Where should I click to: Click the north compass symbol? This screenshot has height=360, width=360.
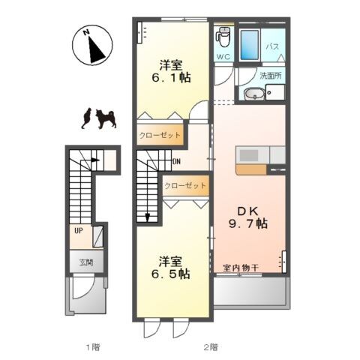click(x=91, y=46)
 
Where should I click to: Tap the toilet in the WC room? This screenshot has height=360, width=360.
click(x=223, y=35)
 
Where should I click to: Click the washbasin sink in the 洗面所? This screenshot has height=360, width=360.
click(x=253, y=94)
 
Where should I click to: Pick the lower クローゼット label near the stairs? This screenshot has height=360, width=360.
click(x=184, y=185)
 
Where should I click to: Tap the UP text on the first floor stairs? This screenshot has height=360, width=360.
click(x=77, y=231)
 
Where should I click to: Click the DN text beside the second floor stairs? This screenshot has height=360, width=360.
click(x=176, y=161)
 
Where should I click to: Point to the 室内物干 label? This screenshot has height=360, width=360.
click(x=241, y=268)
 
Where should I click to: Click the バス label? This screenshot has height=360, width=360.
click(x=273, y=46)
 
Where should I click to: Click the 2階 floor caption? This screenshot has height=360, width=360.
click(x=209, y=346)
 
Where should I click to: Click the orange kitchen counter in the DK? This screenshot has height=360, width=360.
click(x=250, y=169)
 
